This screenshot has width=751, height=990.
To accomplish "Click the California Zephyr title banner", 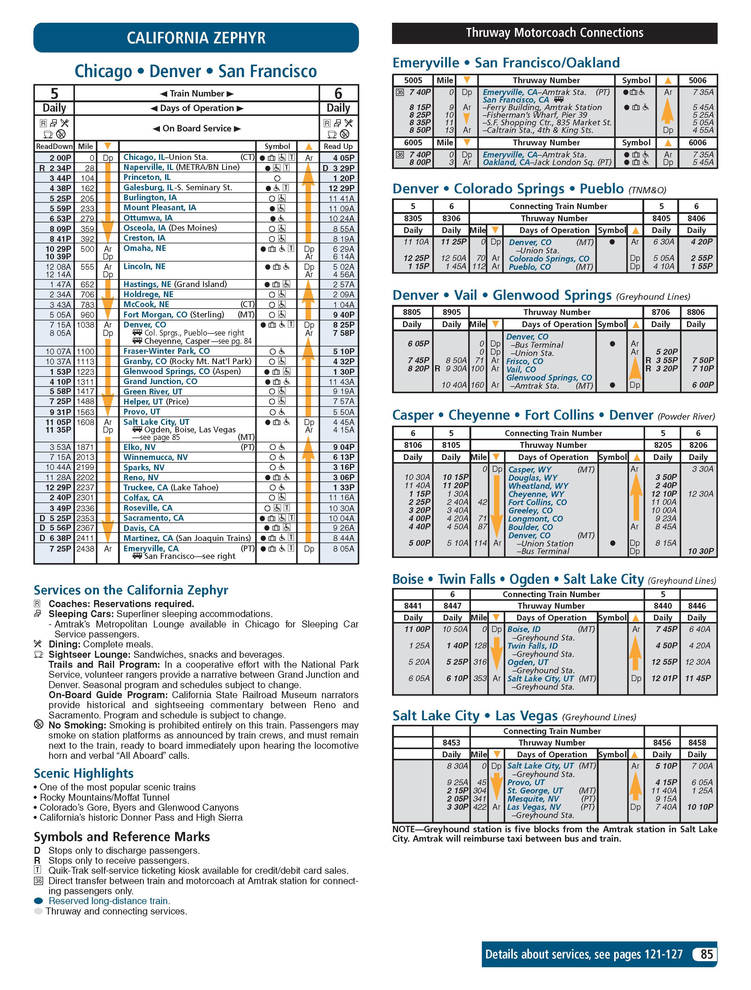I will tap(196, 38).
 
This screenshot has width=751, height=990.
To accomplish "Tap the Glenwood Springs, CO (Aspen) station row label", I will tap(182, 371).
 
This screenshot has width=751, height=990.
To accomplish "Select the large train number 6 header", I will tap(338, 93).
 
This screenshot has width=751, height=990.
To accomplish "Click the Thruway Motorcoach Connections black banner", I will tap(554, 33).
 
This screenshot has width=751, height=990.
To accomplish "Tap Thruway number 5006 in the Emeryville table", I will tap(697, 81).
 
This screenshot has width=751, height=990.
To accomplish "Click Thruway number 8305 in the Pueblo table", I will tap(413, 218).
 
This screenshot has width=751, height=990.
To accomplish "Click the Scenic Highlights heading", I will tap(84, 773).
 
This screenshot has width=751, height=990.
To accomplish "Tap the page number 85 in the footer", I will tap(706, 954).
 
